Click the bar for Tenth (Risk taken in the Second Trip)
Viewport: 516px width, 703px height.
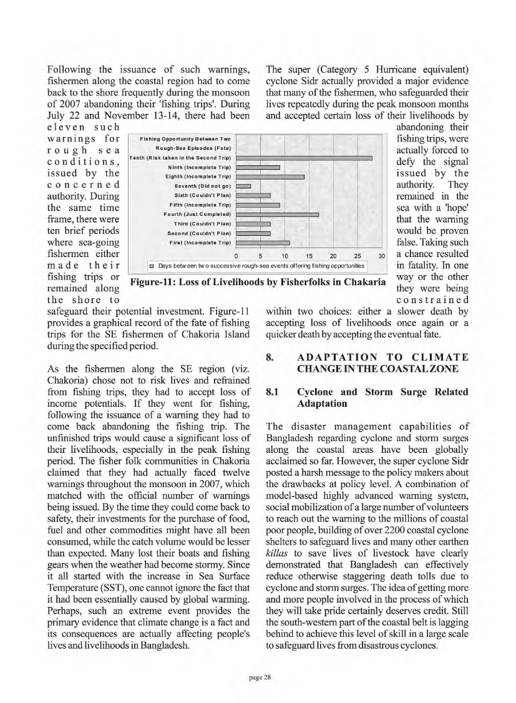pyautogui.click(x=304, y=158)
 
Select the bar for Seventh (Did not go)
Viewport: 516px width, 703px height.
pyautogui.click(x=243, y=186)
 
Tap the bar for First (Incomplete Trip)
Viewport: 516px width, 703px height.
pyautogui.click(x=263, y=242)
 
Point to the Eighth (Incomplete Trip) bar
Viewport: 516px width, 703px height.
pyautogui.click(x=270, y=177)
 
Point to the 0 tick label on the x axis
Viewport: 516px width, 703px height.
pyautogui.click(x=236, y=255)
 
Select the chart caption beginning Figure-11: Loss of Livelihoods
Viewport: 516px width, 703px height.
pyautogui.click(x=256, y=281)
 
